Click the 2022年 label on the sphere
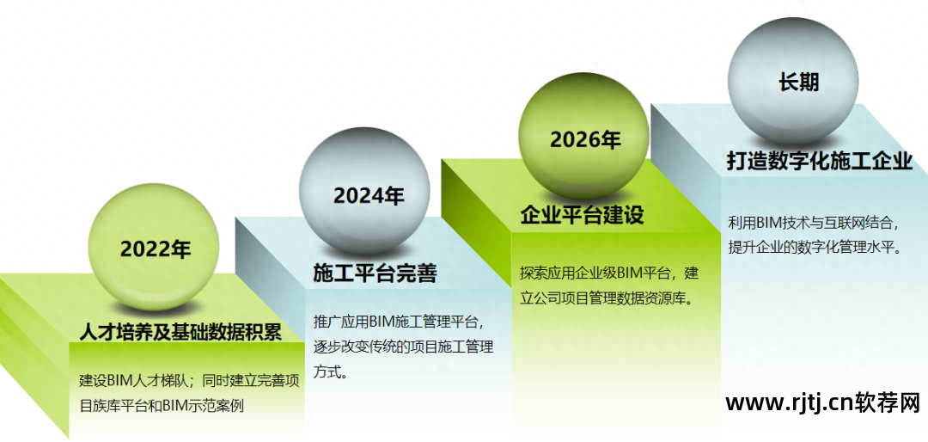click(156, 249)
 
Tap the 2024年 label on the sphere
click(369, 195)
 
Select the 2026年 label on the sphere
click(585, 140)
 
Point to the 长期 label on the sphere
click(798, 83)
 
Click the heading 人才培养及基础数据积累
click(180, 332)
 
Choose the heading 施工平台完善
click(375, 273)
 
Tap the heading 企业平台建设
click(583, 215)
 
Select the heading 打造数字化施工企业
click(821, 162)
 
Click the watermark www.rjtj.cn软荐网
click(823, 403)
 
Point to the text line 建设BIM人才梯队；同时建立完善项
click(189, 380)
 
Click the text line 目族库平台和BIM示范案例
click(162, 407)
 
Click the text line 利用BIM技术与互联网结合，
click(814, 224)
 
